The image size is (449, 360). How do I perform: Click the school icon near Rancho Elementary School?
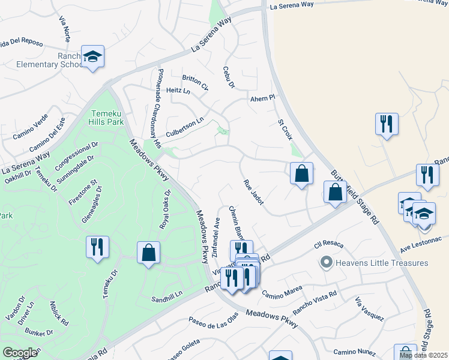(92, 56)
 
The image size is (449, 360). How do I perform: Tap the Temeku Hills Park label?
(107, 118)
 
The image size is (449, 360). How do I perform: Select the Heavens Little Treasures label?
(382, 263)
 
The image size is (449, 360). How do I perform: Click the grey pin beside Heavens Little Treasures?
(327, 263)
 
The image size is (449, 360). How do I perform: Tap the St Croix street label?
(284, 130)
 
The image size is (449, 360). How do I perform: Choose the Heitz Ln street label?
(178, 91)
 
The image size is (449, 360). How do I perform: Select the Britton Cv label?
(195, 82)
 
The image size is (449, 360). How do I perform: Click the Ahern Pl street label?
(262, 98)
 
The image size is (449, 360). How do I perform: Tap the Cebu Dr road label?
(228, 77)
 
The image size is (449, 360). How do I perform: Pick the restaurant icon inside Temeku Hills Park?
(95, 247)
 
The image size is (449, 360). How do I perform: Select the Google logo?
(20, 352)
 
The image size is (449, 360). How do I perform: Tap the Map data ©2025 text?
(424, 356)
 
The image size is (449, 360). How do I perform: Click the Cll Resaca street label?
(327, 245)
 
